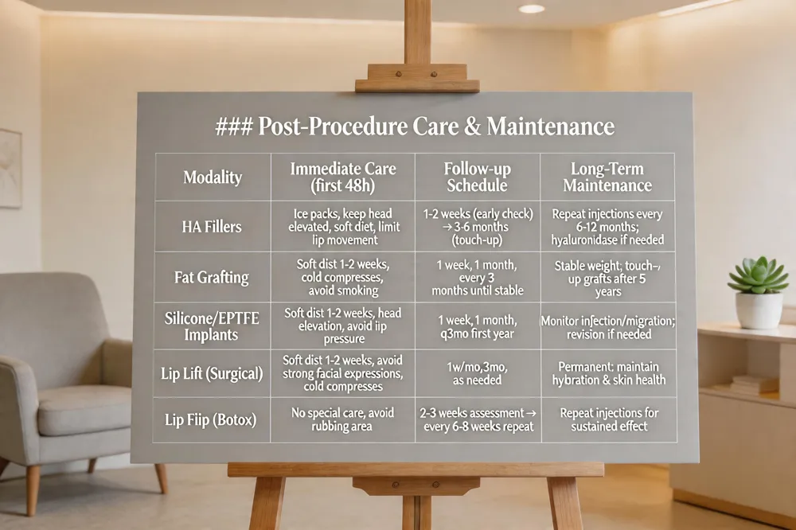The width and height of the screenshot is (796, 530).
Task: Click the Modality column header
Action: [x=212, y=177]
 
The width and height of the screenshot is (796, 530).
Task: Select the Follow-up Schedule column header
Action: [x=477, y=177]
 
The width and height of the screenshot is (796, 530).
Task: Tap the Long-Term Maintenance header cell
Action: [x=607, y=177]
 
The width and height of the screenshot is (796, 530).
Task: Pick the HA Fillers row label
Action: [x=212, y=227]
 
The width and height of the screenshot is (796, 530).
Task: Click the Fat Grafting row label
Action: [x=212, y=278]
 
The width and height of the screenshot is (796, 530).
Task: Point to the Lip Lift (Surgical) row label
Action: [x=212, y=373]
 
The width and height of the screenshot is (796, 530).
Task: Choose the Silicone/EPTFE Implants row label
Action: [x=212, y=326]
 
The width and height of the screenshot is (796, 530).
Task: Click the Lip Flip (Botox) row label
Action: [x=212, y=419]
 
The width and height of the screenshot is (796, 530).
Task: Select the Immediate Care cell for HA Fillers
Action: [x=342, y=227]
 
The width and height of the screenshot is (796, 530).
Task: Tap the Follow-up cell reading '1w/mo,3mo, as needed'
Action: [x=477, y=373]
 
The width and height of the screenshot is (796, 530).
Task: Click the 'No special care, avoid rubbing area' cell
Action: [x=342, y=419]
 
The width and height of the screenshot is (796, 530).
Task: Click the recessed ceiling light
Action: [x=531, y=9]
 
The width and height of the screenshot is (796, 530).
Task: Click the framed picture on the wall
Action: [x=10, y=168]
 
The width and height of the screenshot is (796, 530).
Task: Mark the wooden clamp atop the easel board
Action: [x=416, y=79]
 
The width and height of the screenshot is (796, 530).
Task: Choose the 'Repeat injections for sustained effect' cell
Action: [x=607, y=419]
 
